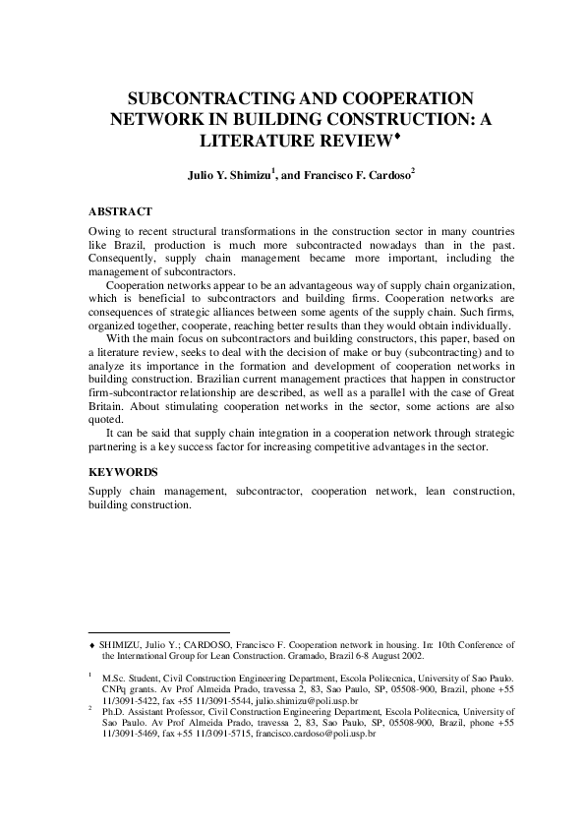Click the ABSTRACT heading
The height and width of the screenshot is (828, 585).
tap(120, 211)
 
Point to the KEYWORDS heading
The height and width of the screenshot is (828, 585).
tap(123, 472)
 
